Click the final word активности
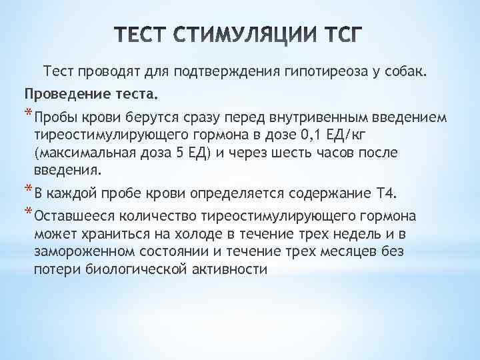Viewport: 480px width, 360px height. [228, 269]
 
